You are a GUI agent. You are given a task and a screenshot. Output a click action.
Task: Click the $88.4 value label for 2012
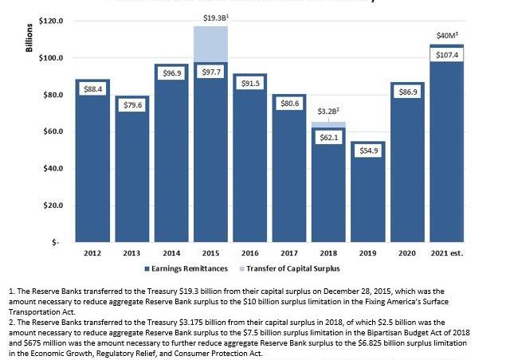point(93,89)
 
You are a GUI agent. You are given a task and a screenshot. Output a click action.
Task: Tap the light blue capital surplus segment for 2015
point(210,44)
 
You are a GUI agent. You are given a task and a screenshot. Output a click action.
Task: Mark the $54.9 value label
point(367,151)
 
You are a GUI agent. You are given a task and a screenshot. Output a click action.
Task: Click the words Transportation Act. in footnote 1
point(41,313)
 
